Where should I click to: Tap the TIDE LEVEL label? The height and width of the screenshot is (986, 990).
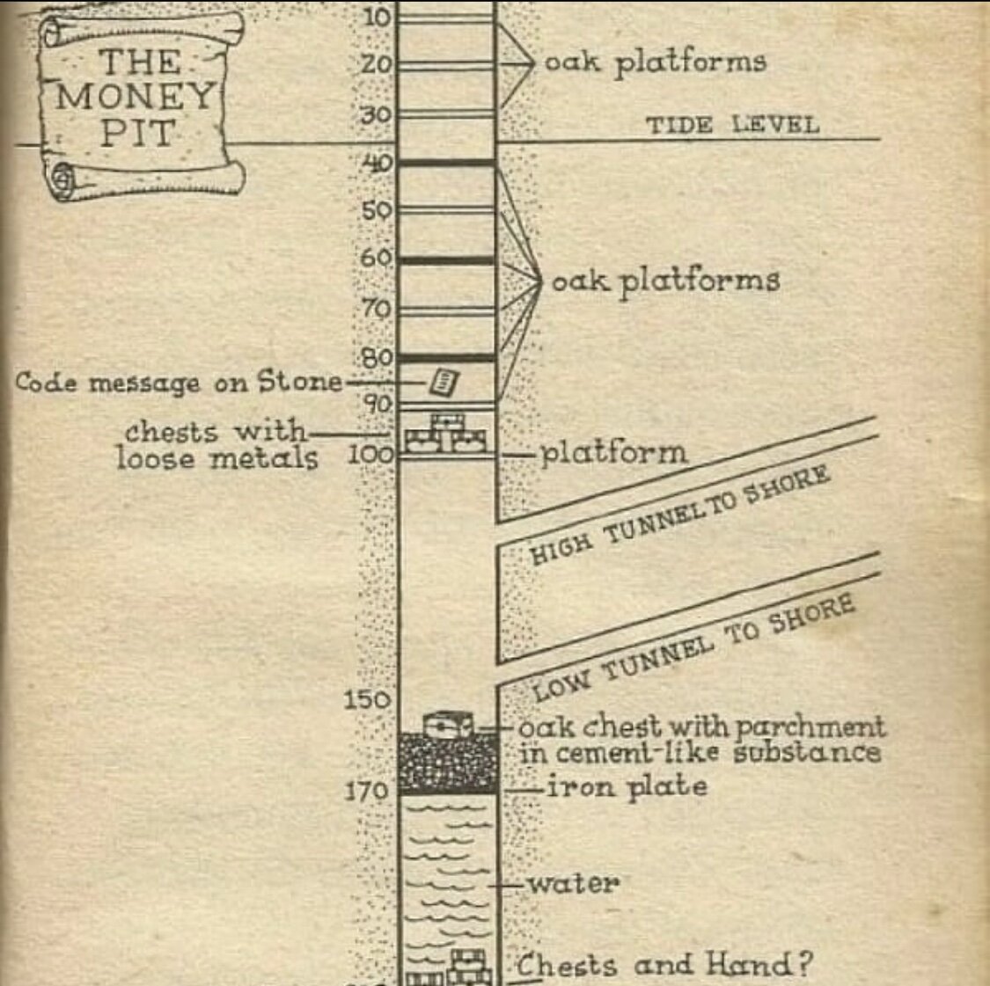tap(732, 124)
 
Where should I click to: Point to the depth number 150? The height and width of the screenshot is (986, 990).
tap(365, 700)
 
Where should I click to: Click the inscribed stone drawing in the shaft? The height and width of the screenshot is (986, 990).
tap(444, 382)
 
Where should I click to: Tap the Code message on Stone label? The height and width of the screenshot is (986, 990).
tap(179, 383)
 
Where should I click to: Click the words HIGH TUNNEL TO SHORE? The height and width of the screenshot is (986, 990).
tap(679, 515)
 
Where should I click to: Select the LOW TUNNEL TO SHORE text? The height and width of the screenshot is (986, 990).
tap(693, 648)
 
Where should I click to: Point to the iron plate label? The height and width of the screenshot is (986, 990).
tap(627, 786)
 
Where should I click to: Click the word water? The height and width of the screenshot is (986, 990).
tap(573, 882)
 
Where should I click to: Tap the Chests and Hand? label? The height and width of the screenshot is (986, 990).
tap(663, 965)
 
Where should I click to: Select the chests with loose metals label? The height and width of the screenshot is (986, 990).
tap(216, 445)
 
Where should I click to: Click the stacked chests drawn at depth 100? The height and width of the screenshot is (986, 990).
tap(445, 435)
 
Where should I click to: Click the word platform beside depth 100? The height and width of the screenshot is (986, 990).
tap(612, 453)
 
